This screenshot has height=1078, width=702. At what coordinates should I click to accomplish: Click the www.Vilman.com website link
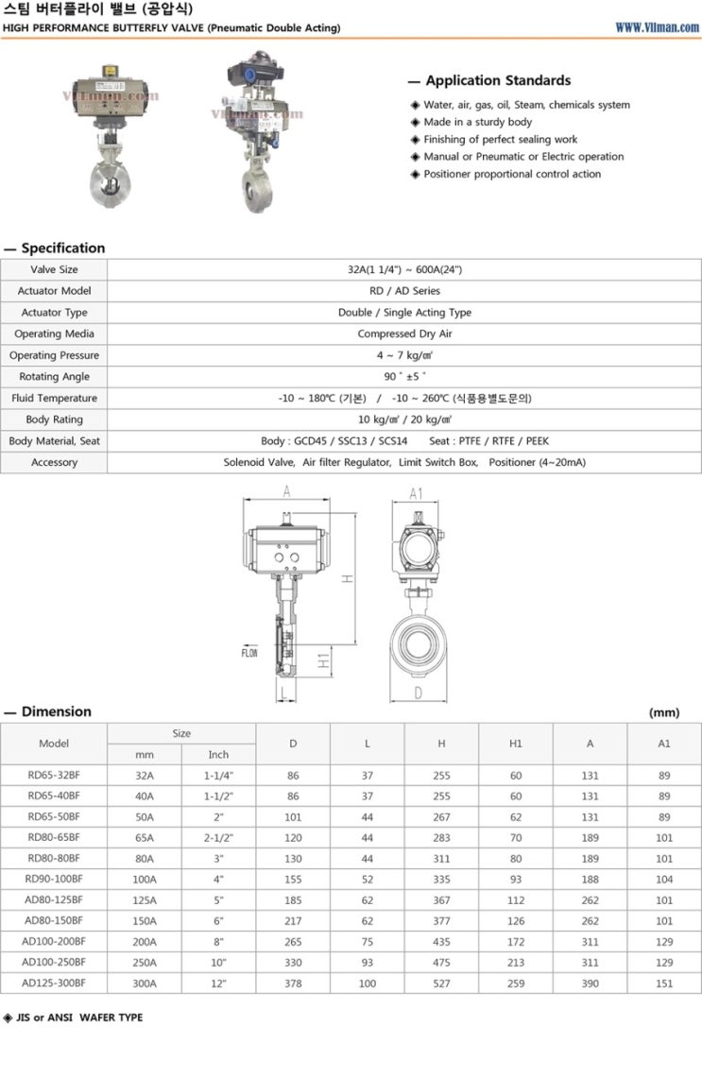pyautogui.click(x=657, y=27)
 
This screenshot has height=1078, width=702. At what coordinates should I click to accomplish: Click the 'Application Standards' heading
pyautogui.click(x=498, y=80)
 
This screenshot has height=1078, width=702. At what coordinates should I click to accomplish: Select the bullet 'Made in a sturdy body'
pyautogui.click(x=477, y=122)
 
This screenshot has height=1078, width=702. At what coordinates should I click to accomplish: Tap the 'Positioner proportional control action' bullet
pyautogui.click(x=511, y=174)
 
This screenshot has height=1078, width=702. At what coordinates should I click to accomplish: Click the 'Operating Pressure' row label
pyautogui.click(x=54, y=355)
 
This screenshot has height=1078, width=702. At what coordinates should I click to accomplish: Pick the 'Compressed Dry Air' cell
pyautogui.click(x=404, y=334)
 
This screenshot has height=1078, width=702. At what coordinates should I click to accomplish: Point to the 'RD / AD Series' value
pyautogui.click(x=404, y=291)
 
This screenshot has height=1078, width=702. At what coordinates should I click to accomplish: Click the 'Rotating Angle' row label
pyautogui.click(x=54, y=377)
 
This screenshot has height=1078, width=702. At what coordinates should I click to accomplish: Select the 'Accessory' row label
pyautogui.click(x=54, y=462)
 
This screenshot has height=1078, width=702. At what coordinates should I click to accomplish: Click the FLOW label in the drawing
pyautogui.click(x=248, y=653)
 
